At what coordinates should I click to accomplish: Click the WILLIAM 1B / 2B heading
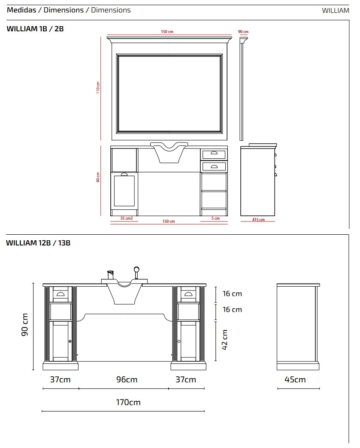[x=35, y=29]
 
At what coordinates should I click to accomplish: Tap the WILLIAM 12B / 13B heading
[x=38, y=243]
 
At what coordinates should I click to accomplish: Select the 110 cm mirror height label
[x=98, y=88]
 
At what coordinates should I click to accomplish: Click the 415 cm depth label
[x=258, y=219]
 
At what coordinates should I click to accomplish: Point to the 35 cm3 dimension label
[x=126, y=218]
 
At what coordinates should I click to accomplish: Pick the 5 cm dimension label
[x=215, y=218]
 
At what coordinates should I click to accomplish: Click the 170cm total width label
[x=128, y=402]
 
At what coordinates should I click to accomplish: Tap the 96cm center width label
[x=127, y=379]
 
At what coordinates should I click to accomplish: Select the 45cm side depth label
[x=295, y=379]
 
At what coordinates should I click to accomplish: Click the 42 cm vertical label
[x=224, y=339]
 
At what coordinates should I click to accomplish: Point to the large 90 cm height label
[x=25, y=324]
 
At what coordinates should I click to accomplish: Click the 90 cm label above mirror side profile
[x=243, y=32]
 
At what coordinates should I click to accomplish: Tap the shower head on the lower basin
[x=136, y=272]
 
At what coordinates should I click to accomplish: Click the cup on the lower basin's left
[x=110, y=275]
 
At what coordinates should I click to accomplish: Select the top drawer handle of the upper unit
[x=214, y=154]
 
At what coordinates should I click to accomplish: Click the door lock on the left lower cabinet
[x=70, y=341]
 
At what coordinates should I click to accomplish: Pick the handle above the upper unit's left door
[x=124, y=174]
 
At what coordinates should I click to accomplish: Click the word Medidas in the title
[x=21, y=10]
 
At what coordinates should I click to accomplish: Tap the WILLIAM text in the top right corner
[x=336, y=11]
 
